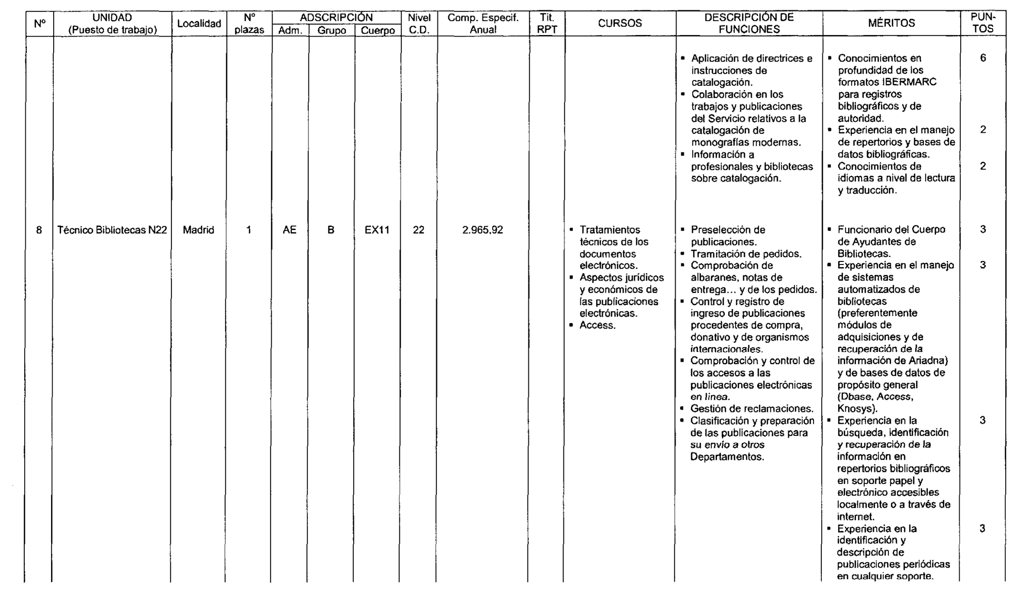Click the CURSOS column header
(620, 23)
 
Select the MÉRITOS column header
(891, 23)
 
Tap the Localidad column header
(199, 23)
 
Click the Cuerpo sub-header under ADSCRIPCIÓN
(378, 30)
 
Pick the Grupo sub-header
(332, 30)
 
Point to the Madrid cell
(198, 230)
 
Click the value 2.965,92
(482, 230)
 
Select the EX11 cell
(377, 230)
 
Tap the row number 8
(39, 230)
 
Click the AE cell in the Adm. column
(289, 230)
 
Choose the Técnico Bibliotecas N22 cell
(112, 230)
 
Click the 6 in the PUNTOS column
(982, 58)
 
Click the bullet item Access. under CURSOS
(597, 325)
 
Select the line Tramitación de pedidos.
(746, 254)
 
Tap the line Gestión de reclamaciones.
(752, 409)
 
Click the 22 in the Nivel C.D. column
(418, 230)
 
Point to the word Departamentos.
(727, 457)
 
